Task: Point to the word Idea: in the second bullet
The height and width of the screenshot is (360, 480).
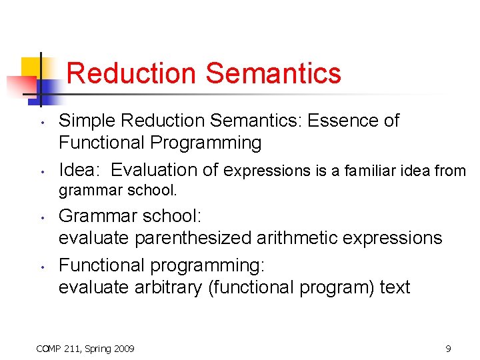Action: pyautogui.click(x=81, y=170)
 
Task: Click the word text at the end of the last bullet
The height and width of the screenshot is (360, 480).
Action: pyautogui.click(x=395, y=287)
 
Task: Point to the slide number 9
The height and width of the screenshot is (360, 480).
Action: pyautogui.click(x=448, y=348)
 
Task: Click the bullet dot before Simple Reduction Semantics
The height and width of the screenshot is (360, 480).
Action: pyautogui.click(x=41, y=123)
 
